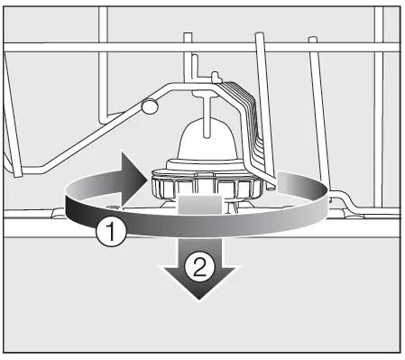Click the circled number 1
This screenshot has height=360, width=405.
109,233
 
